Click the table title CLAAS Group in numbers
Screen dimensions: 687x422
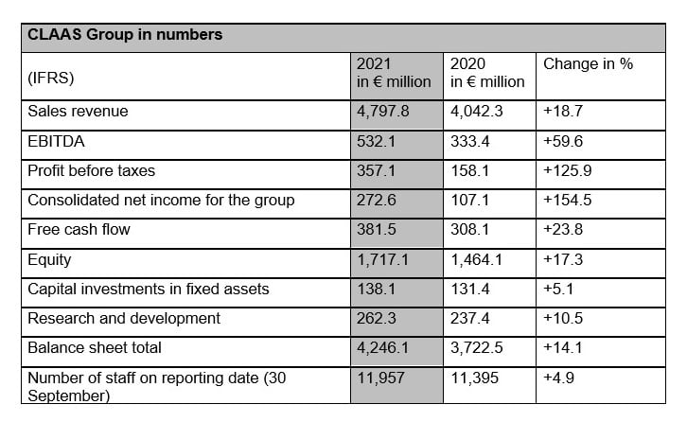(x=125, y=35)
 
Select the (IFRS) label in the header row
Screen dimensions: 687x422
(x=51, y=78)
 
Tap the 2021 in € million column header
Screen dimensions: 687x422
(x=394, y=73)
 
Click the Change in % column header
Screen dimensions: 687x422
(x=588, y=64)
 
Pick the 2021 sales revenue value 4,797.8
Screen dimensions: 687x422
(x=382, y=112)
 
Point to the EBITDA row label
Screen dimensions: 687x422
(x=56, y=141)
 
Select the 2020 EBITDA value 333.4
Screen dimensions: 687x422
(x=469, y=141)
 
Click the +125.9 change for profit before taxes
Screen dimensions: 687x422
(x=568, y=170)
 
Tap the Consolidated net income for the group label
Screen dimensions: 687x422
(x=161, y=201)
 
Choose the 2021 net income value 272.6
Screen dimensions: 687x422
(x=376, y=201)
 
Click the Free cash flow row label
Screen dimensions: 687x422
(x=79, y=229)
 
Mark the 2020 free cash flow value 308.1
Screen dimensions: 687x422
(x=469, y=229)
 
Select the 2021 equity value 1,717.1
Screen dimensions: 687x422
(x=382, y=260)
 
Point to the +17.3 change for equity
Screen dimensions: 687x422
(x=563, y=259)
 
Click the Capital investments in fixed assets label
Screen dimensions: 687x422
(x=148, y=290)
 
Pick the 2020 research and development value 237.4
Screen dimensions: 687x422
(x=469, y=318)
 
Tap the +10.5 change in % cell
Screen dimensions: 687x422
(x=563, y=318)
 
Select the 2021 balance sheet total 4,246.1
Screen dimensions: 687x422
(x=382, y=348)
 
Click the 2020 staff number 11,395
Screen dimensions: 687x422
(x=474, y=378)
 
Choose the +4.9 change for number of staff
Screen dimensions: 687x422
(x=558, y=378)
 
